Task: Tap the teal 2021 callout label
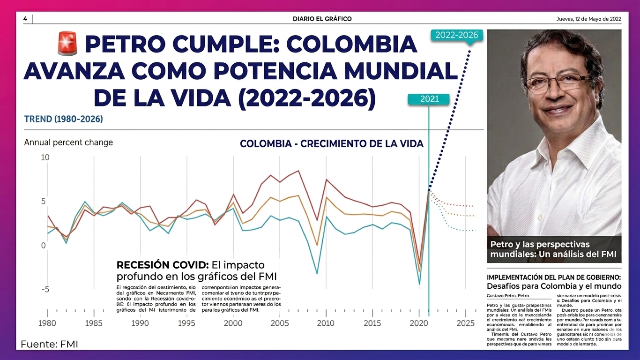pyautogui.click(x=429, y=99)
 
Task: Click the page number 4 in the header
pyautogui.click(x=25, y=19)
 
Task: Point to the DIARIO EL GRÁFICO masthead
pyautogui.click(x=322, y=19)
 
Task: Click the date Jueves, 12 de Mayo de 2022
pyautogui.click(x=588, y=19)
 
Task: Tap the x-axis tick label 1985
pyautogui.click(x=94, y=323)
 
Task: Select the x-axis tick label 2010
pyautogui.click(x=326, y=323)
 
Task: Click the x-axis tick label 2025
pyautogui.click(x=465, y=323)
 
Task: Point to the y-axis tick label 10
pyautogui.click(x=45, y=157)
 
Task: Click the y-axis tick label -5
pyautogui.click(x=45, y=289)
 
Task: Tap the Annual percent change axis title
pyautogui.click(x=68, y=142)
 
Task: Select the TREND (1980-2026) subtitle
pyautogui.click(x=63, y=119)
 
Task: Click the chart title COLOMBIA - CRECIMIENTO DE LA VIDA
pyautogui.click(x=331, y=144)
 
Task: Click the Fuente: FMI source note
pyautogui.click(x=49, y=345)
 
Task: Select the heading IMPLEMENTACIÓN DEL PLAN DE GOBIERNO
pyautogui.click(x=554, y=277)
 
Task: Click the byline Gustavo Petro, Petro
pyautogui.click(x=508, y=296)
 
